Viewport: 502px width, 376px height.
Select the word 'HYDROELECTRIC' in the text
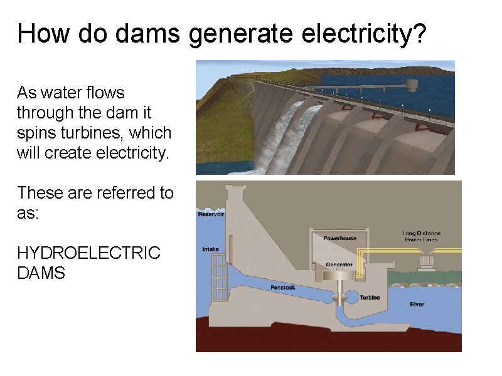89,253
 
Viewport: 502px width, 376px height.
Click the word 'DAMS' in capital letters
41,273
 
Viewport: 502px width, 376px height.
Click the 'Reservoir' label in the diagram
211,214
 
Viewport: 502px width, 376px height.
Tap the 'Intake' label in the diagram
210,249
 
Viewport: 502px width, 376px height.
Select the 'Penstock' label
282,288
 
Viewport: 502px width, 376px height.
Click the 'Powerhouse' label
339,238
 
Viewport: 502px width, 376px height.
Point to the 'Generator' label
339,264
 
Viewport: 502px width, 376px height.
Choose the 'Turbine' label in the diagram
370,298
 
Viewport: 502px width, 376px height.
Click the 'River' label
417,305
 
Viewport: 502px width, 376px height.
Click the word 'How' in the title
39,34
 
